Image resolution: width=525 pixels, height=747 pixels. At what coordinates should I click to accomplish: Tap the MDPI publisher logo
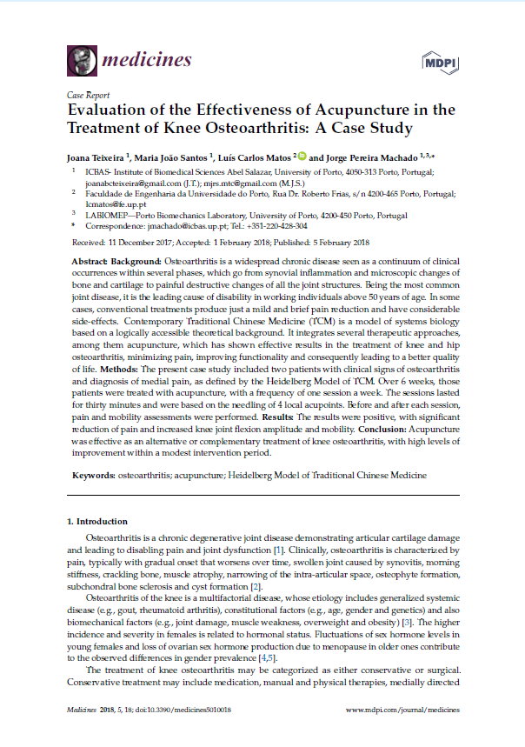439,61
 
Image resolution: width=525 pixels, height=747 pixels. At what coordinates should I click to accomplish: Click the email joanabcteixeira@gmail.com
135,184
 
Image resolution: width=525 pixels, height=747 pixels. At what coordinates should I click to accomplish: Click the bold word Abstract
87,261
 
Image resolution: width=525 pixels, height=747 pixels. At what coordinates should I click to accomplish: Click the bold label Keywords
89,475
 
